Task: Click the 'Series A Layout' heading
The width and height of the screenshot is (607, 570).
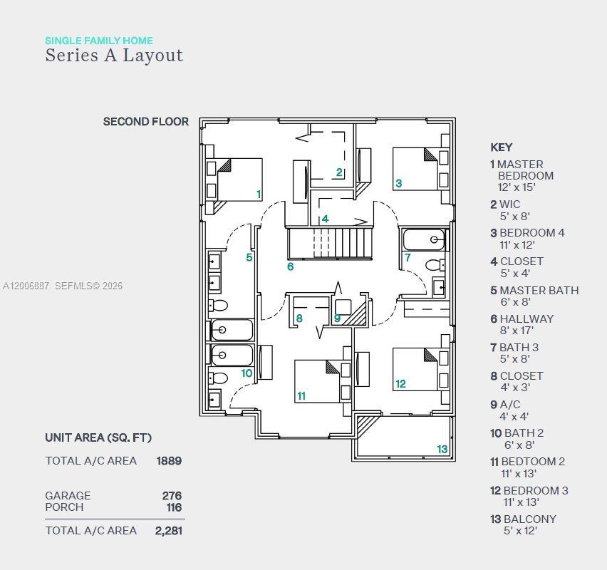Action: (114, 56)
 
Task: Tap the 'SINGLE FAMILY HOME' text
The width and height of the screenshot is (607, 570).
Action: (99, 41)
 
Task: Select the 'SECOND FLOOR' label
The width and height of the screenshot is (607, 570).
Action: (146, 122)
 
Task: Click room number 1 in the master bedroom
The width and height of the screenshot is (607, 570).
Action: (259, 194)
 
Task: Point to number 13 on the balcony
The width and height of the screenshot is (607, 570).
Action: (442, 449)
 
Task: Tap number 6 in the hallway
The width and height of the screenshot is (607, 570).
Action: (291, 266)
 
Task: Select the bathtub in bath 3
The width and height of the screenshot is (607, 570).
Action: (423, 240)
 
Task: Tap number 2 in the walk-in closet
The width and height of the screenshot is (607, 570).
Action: (340, 172)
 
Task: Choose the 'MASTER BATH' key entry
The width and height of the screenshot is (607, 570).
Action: (539, 290)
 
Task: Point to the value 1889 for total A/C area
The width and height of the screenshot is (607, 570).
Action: (169, 461)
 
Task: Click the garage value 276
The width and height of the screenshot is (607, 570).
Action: (172, 495)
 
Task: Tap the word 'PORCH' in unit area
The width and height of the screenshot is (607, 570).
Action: (64, 507)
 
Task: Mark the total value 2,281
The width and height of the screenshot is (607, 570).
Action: (169, 530)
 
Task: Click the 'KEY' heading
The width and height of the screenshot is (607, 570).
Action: (501, 147)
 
